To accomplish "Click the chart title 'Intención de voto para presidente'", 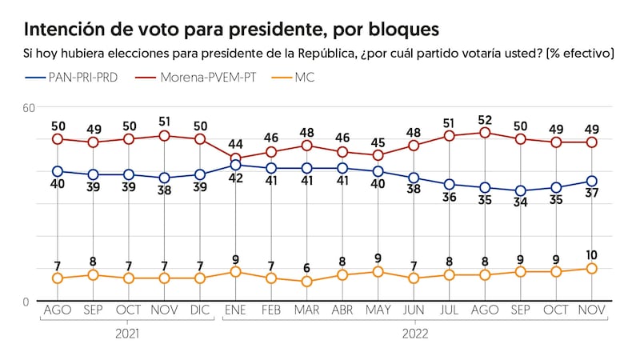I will (231, 30).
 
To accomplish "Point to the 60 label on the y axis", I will (29, 108).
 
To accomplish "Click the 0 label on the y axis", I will (26, 301).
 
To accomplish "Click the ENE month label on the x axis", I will (235, 310).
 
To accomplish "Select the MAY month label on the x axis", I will (378, 310).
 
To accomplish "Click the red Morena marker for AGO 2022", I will (485, 133).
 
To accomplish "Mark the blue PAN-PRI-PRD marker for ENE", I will (235, 165).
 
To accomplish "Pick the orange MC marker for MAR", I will (306, 282).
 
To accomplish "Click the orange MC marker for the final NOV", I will (592, 269).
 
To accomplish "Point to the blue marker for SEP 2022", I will (521, 191).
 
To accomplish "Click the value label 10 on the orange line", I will (592, 254).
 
